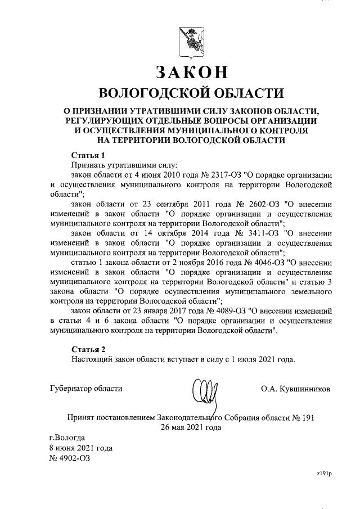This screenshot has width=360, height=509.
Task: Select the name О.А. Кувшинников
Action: [296, 389]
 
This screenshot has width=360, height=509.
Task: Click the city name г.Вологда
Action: [67, 437]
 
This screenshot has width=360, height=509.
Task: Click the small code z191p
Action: [325, 475]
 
